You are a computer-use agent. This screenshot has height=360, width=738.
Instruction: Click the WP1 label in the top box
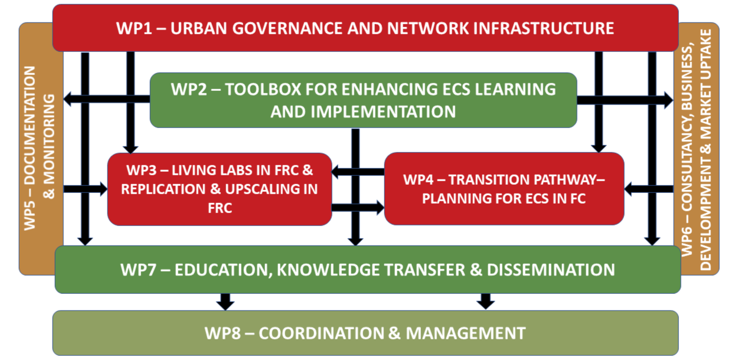(134, 28)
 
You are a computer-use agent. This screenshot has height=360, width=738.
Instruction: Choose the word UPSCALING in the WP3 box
(271, 189)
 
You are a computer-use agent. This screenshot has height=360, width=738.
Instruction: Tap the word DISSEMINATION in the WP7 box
(551, 270)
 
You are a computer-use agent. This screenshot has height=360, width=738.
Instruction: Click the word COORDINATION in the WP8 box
(321, 333)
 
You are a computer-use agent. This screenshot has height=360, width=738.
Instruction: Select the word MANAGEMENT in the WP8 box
(466, 333)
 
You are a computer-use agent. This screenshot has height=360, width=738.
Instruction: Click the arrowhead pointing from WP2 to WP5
(68, 99)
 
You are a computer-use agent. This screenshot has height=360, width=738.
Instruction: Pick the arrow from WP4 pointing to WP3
(358, 172)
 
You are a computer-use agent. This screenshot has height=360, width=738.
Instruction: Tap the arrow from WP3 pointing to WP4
(358, 208)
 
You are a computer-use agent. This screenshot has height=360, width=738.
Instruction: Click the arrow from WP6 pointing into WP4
(649, 189)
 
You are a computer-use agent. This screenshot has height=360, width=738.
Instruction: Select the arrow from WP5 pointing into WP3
(86, 189)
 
